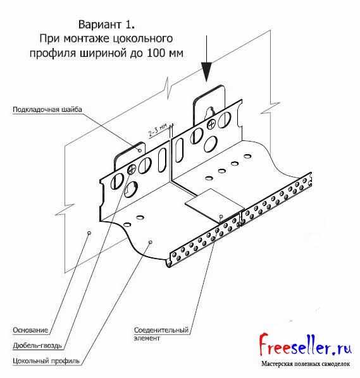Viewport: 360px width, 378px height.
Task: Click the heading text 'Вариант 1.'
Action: point(106,25)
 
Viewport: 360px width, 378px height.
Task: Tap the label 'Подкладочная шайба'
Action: point(47,109)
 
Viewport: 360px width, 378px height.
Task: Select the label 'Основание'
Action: point(30,330)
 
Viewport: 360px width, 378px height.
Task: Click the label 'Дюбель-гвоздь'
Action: point(37,346)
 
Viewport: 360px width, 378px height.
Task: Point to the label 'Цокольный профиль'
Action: point(46,361)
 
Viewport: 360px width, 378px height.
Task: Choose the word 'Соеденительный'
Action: point(161,330)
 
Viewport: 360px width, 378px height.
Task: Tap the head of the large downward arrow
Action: point(206,72)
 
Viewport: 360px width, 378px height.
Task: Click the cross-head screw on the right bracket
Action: point(211,125)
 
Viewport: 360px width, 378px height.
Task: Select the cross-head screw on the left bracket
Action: point(132,169)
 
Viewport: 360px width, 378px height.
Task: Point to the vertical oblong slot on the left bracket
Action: point(162,160)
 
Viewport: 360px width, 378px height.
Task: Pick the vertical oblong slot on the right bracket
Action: point(180,150)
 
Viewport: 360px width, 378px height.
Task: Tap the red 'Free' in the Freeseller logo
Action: point(275,344)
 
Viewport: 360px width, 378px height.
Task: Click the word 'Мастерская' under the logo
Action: point(275,364)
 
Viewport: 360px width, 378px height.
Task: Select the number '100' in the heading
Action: point(155,53)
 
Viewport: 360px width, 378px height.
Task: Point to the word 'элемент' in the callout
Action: point(147,338)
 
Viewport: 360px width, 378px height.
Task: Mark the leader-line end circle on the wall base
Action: point(89,233)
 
